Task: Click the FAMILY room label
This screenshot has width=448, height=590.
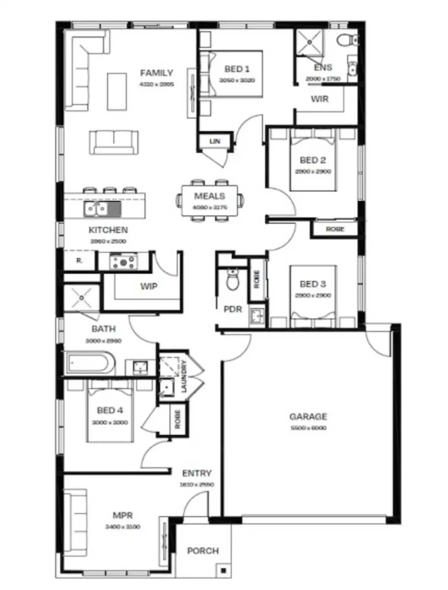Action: pos(156,73)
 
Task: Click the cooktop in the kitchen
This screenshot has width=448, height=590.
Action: pos(123,262)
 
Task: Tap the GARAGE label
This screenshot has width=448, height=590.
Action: pos(308,416)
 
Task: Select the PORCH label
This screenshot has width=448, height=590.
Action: pos(203,551)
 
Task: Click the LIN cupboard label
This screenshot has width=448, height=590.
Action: pos(215,141)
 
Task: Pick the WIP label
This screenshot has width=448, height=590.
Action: pos(149,286)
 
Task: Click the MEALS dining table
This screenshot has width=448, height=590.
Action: pos(209,201)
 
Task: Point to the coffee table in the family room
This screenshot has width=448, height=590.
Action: pos(117,91)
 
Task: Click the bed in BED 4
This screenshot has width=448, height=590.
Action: pos(110,415)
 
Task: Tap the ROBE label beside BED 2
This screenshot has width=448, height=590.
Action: pos(335,229)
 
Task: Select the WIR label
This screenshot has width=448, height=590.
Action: pos(319,99)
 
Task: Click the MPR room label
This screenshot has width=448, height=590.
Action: pos(123,515)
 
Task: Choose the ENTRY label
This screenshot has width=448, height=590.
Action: pos(197,473)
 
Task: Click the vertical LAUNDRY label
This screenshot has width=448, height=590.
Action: pos(184,377)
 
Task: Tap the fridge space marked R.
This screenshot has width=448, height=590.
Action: pos(79,261)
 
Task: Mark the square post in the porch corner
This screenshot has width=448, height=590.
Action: pos(223,570)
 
